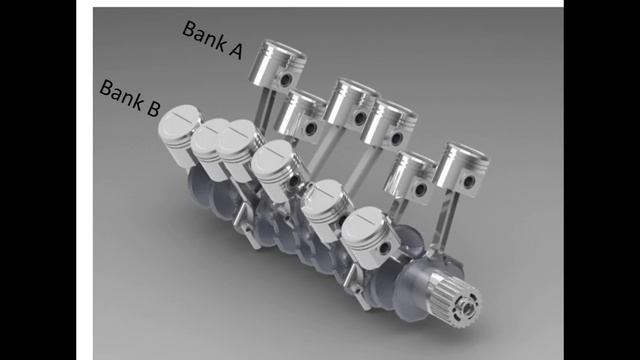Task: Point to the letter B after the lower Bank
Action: (x=152, y=108)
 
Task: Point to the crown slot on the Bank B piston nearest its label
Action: (x=180, y=118)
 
